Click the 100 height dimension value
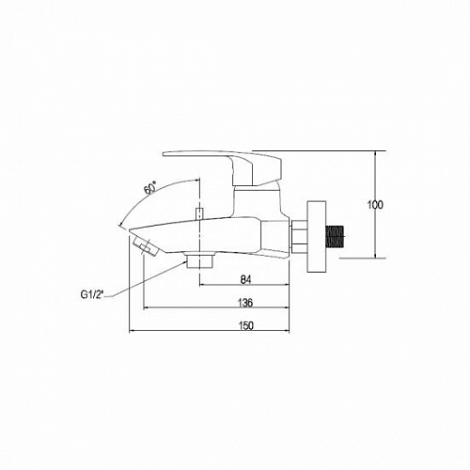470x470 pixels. tap(375, 205)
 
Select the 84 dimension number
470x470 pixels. tap(246, 279)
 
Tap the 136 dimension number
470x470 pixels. tap(245, 303)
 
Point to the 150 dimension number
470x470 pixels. tap(246, 326)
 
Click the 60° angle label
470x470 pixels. tap(150, 189)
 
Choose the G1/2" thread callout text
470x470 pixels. tap(92, 295)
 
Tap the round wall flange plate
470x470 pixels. tap(317, 236)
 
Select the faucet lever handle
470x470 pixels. tap(223, 167)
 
